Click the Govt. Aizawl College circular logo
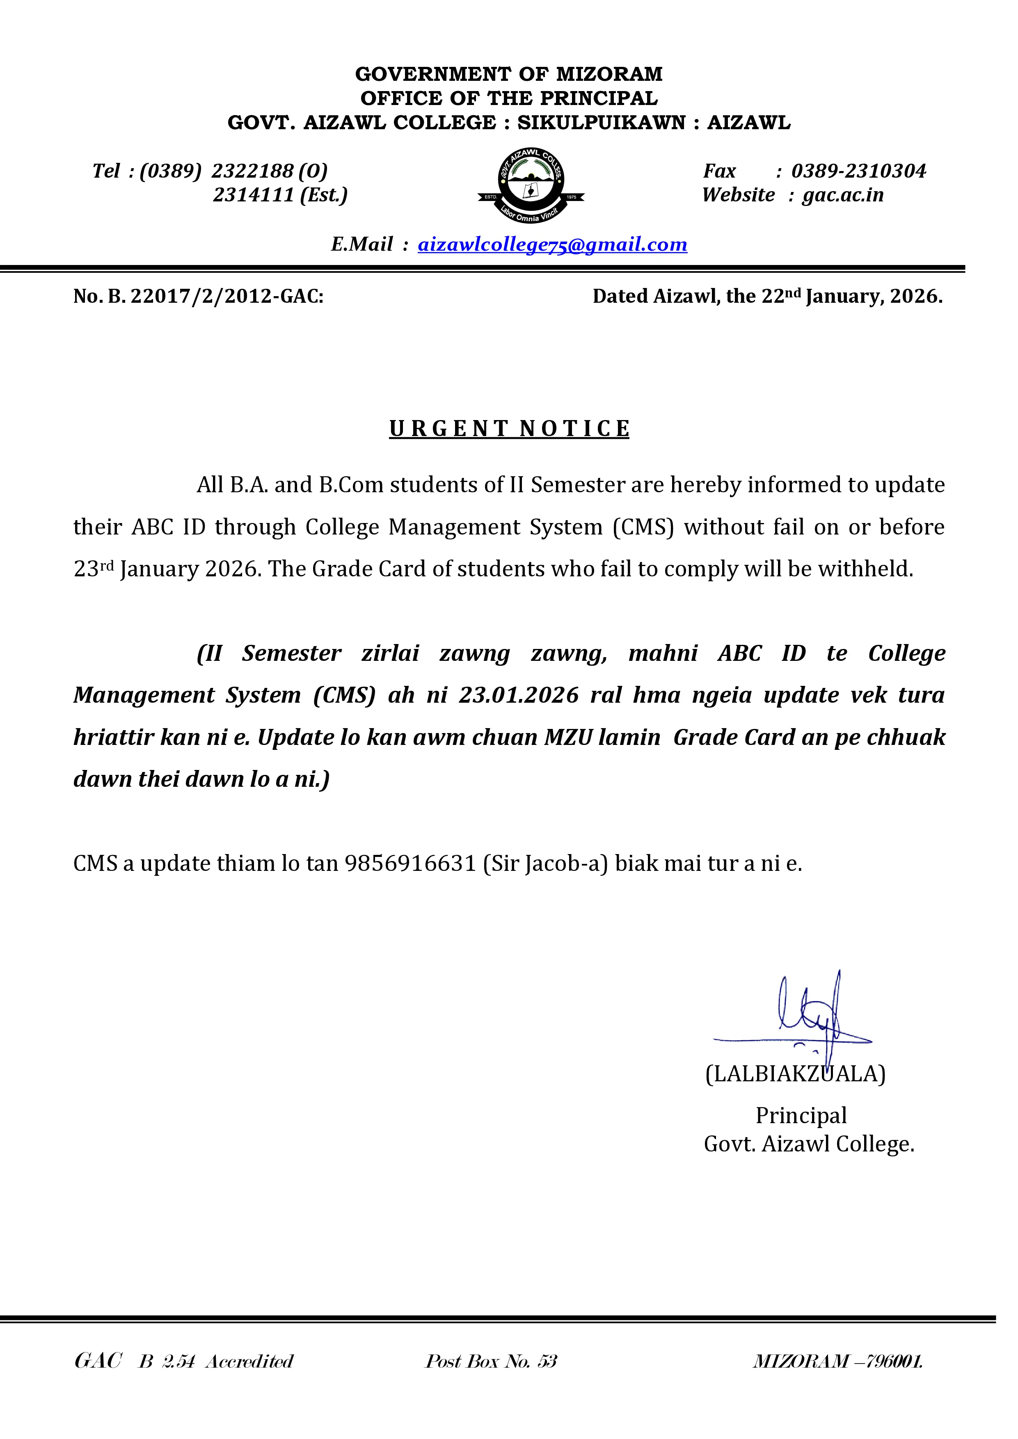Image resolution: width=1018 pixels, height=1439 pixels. [531, 185]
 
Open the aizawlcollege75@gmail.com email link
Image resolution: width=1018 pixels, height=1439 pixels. [552, 244]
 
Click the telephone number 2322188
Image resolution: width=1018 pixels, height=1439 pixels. [253, 171]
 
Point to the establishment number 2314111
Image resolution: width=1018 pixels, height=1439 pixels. [253, 195]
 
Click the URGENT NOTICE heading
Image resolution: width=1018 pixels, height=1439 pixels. [509, 429]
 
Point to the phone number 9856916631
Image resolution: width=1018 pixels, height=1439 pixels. [411, 863]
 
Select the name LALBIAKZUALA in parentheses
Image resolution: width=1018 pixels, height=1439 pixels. [795, 1074]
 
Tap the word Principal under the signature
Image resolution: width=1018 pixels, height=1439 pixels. [801, 1116]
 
